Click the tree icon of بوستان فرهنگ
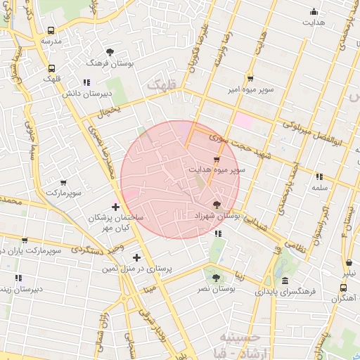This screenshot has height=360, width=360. click(x=110, y=52)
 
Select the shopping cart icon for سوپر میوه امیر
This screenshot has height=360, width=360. click(x=250, y=79)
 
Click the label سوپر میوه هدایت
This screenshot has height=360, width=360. click(x=217, y=170)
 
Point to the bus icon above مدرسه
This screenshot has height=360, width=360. click(x=51, y=30)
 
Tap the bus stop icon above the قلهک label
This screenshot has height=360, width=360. click(x=51, y=69)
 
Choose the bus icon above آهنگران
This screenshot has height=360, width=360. click(x=343, y=288)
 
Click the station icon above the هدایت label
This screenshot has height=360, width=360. click(x=314, y=11)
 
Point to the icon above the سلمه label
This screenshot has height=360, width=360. click(x=319, y=176)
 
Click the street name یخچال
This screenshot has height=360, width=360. click(x=109, y=111)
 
